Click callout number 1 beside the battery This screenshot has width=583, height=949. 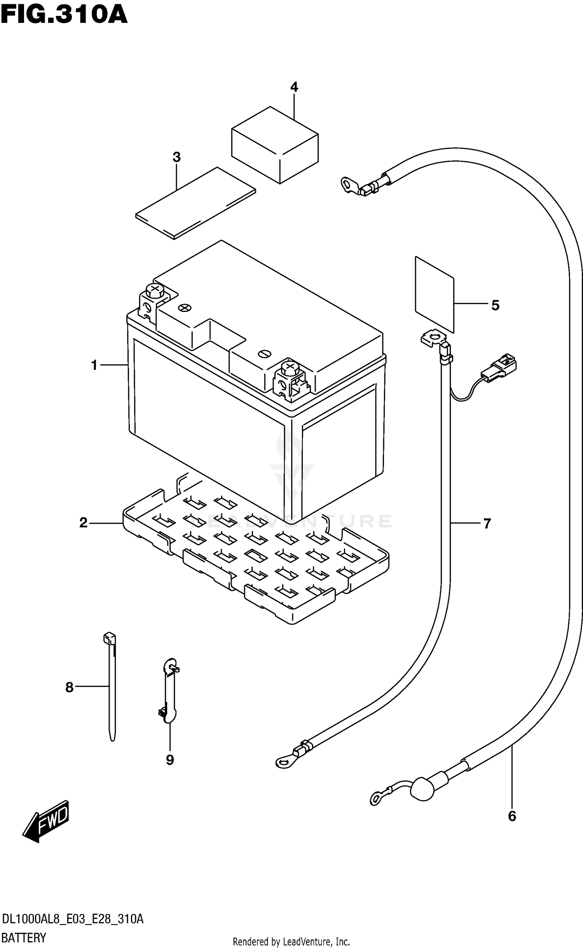(x=94, y=365)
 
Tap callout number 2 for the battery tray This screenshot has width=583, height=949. (x=83, y=523)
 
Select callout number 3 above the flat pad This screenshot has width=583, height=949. (x=176, y=157)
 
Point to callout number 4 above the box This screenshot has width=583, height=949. (x=294, y=87)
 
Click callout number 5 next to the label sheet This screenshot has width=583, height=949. (x=495, y=305)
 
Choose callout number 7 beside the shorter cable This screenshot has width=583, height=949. (x=487, y=523)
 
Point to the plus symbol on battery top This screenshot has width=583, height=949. (x=185, y=308)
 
